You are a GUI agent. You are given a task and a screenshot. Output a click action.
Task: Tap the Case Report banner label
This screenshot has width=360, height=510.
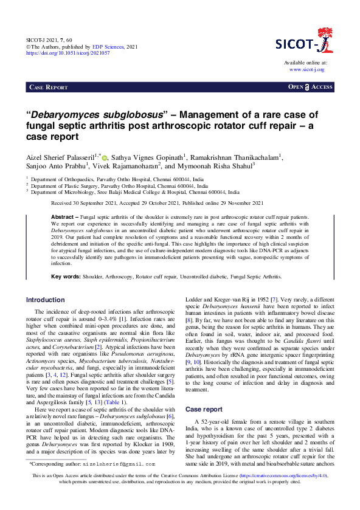[49, 88]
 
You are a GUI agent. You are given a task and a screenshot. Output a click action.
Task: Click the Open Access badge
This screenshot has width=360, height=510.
[310, 88]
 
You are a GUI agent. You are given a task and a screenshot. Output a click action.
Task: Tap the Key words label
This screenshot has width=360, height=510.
[66, 277]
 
